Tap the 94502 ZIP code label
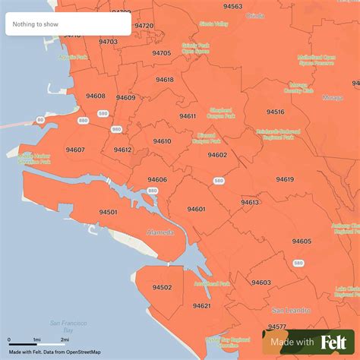[x=162, y=287]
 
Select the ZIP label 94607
[x=75, y=150]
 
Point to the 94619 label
[x=285, y=179]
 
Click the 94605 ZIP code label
[x=302, y=241]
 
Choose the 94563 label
[x=232, y=6]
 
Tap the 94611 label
[x=188, y=115]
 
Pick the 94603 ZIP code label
[x=261, y=283]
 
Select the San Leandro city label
[x=289, y=310]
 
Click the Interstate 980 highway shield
[x=117, y=129]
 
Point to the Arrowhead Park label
[x=212, y=283]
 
